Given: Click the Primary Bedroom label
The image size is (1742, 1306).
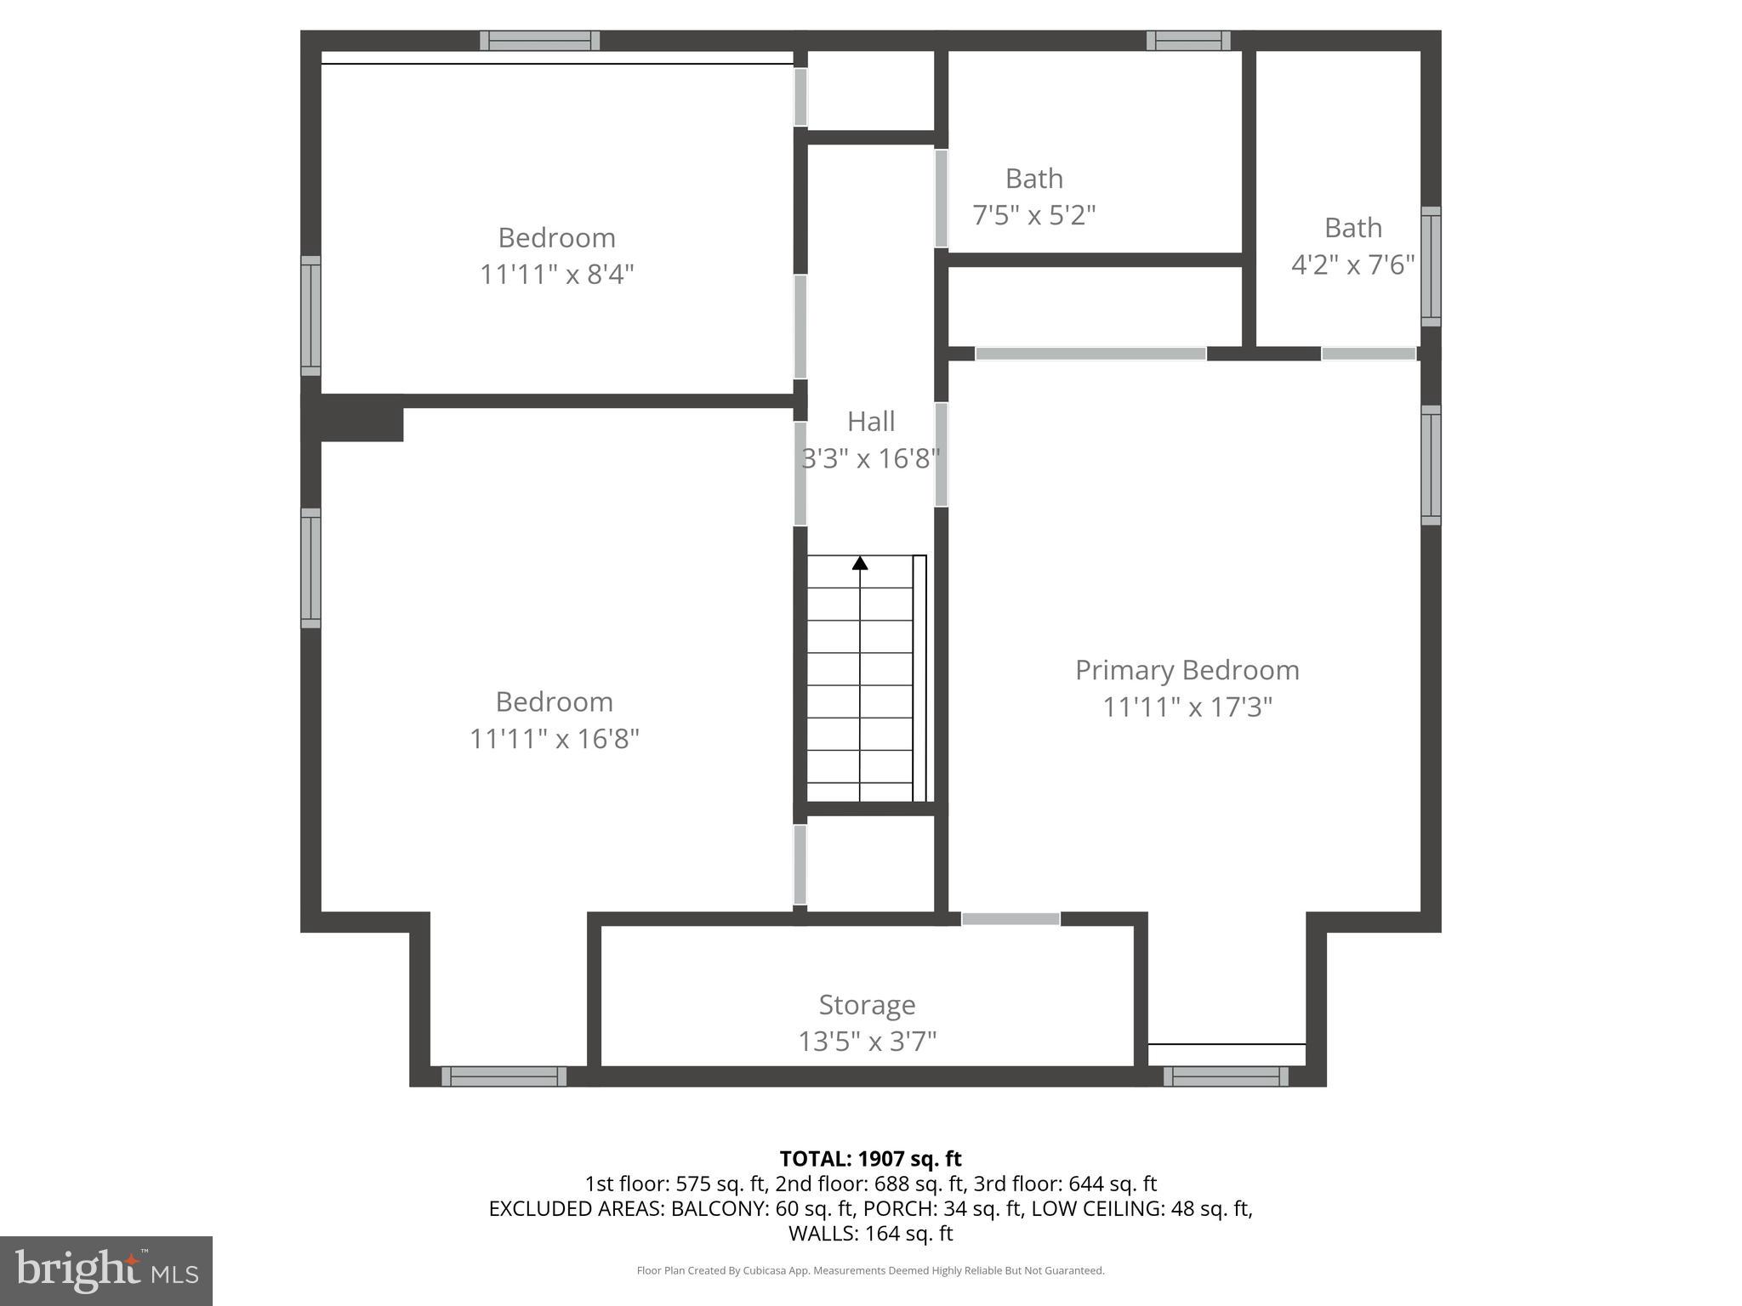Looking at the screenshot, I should click(x=1187, y=670).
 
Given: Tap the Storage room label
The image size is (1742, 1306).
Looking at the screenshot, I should click(x=867, y=1005).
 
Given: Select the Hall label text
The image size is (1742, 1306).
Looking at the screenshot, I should click(x=871, y=422).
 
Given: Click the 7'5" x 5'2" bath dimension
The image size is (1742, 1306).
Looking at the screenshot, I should click(x=1033, y=215).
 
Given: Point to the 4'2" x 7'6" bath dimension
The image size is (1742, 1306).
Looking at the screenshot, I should click(x=1352, y=265).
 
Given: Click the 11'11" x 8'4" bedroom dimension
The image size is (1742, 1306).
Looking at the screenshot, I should click(x=557, y=275).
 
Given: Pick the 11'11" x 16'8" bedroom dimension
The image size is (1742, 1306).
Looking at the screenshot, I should click(x=555, y=738).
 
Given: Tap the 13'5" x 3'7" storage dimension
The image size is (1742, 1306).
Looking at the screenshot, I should click(x=867, y=1042).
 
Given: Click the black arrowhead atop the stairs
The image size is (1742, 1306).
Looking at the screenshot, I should click(x=860, y=563).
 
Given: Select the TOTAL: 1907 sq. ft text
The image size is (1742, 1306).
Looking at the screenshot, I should click(x=870, y=1159).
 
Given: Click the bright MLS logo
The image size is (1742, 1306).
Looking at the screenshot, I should click(x=106, y=1270).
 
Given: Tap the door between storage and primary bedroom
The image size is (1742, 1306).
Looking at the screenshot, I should click(x=1010, y=919).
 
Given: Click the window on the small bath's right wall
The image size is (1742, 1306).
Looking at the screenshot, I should click(x=1431, y=266).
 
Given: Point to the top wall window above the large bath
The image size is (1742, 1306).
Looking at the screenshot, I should click(x=1188, y=41).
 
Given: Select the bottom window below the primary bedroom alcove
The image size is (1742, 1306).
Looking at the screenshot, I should click(x=1226, y=1076).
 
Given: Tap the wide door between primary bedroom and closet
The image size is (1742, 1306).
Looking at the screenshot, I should click(x=1090, y=354).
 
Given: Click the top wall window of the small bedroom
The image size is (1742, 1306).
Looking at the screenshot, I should click(x=539, y=41).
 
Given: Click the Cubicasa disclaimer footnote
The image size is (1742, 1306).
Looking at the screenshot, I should click(x=870, y=1270).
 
